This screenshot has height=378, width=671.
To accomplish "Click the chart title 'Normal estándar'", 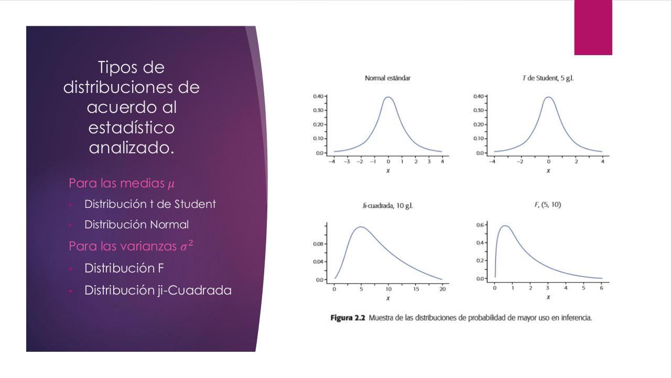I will click(387, 78).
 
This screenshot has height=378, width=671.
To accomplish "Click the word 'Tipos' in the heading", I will click(131, 67).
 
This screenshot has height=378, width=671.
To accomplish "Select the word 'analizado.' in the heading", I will click(131, 148).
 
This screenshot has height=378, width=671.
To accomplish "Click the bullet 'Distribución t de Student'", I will click(150, 204).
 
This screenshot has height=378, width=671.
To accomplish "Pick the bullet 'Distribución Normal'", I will click(136, 225).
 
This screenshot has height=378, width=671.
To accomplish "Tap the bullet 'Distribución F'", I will click(124, 268).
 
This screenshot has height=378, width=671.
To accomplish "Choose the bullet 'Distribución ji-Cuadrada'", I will click(158, 290).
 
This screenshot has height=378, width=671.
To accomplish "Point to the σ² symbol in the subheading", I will click(187, 246).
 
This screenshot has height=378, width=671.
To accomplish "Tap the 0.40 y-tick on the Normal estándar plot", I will click(318, 97).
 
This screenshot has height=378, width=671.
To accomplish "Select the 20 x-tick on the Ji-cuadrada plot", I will click(442, 289).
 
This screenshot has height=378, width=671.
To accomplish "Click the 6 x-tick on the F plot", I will click(602, 288).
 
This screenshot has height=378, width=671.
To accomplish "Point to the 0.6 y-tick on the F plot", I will click(480, 225).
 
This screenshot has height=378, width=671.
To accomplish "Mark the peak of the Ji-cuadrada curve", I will click(361, 227).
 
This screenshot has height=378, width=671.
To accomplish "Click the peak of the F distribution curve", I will click(505, 226).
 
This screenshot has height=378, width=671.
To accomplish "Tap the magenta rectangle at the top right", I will click(593, 27).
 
